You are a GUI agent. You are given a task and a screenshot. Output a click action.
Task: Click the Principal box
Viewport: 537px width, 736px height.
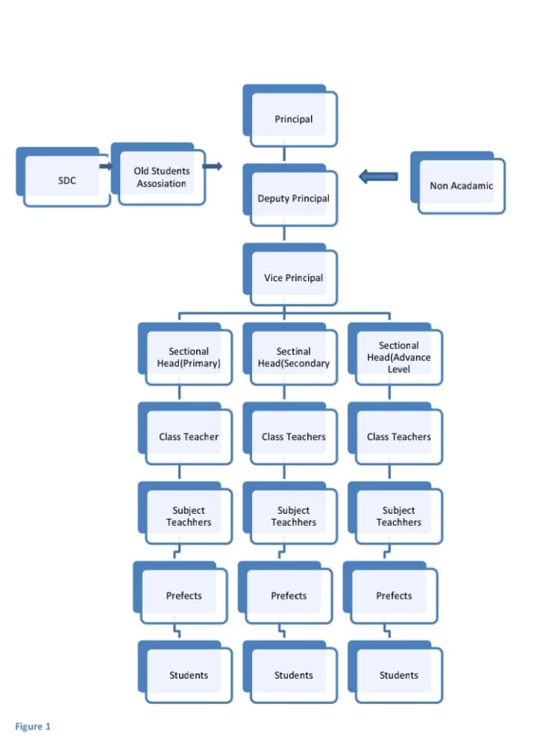pos(293,119)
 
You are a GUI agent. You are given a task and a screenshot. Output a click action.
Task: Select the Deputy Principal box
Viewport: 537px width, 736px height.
pos(293,198)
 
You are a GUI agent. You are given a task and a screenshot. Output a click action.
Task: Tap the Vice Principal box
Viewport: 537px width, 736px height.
pos(293,277)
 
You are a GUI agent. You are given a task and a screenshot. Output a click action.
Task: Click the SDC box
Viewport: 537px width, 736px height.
pos(66,180)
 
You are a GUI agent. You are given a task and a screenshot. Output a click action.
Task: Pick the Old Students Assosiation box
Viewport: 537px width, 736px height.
pos(161,177)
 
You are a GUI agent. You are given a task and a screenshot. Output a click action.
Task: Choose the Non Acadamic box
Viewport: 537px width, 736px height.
pos(461,186)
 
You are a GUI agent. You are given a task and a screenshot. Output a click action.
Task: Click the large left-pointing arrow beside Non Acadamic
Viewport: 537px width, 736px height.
pos(378,177)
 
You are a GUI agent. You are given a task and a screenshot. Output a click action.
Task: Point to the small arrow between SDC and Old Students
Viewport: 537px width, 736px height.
pos(105,166)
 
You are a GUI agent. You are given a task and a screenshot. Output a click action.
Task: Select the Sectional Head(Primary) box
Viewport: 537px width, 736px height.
pos(189,357)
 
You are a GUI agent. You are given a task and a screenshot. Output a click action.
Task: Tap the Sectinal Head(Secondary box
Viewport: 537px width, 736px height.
pos(293,357)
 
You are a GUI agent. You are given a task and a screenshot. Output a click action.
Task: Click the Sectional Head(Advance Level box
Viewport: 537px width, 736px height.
pos(398,357)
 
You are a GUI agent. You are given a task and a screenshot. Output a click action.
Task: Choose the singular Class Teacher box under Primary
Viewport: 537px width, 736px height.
pos(189,436)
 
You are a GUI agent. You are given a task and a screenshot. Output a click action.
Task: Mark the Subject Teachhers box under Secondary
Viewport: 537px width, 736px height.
pos(293,516)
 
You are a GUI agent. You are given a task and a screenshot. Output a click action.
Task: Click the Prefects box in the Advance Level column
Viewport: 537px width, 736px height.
pos(394,596)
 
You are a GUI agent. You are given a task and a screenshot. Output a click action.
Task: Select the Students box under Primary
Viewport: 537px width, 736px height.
pos(189,675)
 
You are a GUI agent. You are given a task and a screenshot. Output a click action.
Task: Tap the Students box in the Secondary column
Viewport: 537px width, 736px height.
pos(293,675)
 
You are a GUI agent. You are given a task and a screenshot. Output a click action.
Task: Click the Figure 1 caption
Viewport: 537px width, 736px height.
pos(33,726)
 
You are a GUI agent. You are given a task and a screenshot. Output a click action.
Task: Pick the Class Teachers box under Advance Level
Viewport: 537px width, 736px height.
pos(398,436)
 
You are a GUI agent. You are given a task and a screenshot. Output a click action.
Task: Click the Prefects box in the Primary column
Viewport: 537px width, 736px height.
pos(183,596)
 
